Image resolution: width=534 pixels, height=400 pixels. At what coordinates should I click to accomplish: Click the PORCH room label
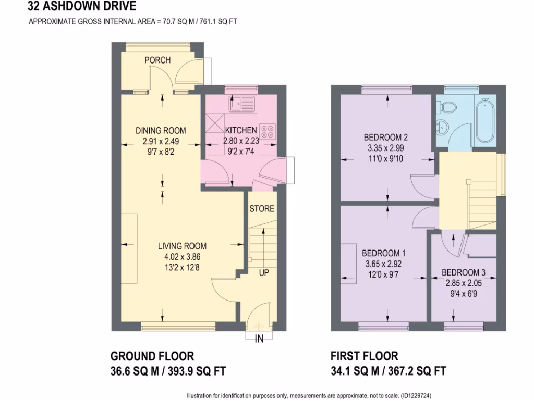coord(157,60)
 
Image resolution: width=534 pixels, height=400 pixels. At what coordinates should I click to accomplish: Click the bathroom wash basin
coord(443,127)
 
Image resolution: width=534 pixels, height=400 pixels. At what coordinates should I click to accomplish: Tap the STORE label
coord(262,209)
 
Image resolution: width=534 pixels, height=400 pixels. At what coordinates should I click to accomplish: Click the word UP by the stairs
coord(264,272)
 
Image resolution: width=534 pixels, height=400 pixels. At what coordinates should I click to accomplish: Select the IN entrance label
coord(259,339)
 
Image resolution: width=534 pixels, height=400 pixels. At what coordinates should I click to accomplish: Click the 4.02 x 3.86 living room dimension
coord(183,256)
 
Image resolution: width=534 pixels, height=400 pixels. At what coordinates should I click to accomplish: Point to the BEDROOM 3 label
coord(464,273)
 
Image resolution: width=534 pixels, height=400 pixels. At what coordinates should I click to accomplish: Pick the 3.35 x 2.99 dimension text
coord(385,148)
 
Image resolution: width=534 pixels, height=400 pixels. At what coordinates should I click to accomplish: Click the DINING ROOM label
coord(161,131)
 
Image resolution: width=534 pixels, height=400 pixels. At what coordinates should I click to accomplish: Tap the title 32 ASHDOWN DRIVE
coord(82,7)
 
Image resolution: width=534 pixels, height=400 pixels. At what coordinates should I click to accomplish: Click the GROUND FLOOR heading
coord(152,356)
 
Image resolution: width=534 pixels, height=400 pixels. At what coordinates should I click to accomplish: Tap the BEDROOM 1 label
coord(384,253)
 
